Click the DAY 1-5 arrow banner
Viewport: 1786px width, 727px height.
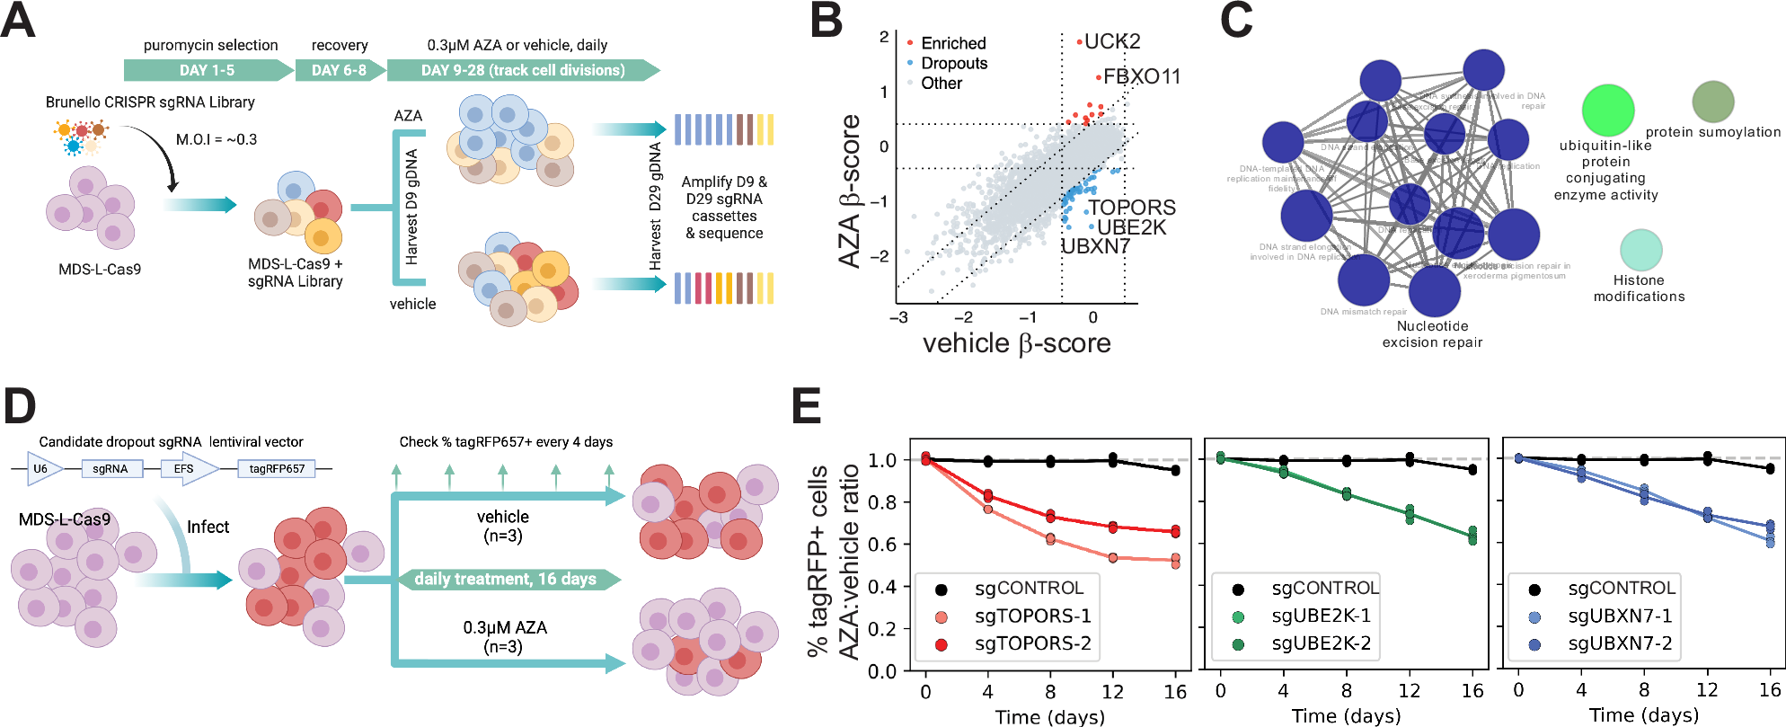click(x=207, y=70)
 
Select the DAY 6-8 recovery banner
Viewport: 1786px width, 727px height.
click(x=339, y=70)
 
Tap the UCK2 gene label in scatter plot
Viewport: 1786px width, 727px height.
click(x=1112, y=41)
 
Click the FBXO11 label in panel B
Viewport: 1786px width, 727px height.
click(x=1141, y=77)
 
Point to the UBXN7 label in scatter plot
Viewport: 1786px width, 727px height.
click(x=1095, y=246)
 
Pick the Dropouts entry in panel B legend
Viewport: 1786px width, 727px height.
click(x=953, y=63)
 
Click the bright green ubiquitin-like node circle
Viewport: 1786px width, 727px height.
click(x=1607, y=111)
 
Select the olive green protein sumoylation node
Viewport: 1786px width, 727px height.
click(x=1712, y=102)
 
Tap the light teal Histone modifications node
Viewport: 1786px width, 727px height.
click(x=1640, y=250)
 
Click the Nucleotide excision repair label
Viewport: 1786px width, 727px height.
click(x=1432, y=333)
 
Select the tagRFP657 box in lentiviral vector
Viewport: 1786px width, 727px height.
click(x=277, y=468)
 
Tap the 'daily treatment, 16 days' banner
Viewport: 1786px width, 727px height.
click(x=506, y=579)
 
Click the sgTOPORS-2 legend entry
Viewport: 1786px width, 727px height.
click(x=1032, y=643)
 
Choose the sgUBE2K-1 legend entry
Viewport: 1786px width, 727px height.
click(x=1321, y=616)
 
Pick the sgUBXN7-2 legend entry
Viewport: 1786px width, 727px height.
click(x=1619, y=643)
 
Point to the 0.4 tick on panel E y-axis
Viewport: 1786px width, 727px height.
click(x=882, y=586)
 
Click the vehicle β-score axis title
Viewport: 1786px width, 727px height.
click(x=1016, y=343)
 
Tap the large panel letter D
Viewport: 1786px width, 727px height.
click(x=20, y=406)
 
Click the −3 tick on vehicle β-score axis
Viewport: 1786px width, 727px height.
click(x=897, y=317)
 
